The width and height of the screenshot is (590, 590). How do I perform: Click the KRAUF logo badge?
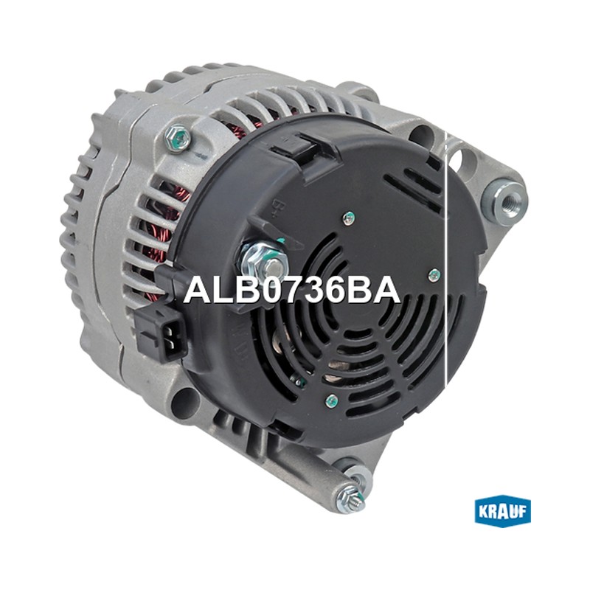[502, 511]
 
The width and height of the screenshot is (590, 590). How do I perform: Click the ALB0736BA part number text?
[291, 290]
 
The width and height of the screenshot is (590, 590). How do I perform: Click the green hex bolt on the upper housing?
[178, 138]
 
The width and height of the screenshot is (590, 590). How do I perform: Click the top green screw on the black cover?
[349, 218]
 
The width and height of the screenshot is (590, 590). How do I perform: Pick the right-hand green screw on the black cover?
[435, 275]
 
